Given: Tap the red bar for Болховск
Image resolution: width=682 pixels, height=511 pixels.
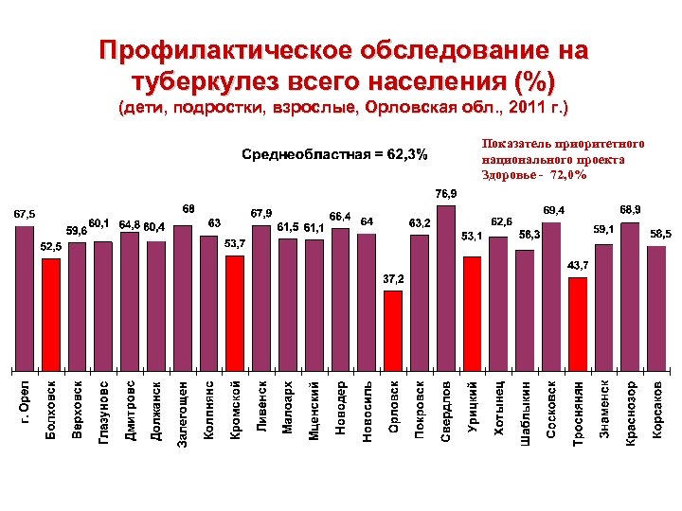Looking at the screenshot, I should (x=51, y=312).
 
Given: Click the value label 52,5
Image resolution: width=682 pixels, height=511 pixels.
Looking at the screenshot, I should (x=52, y=245).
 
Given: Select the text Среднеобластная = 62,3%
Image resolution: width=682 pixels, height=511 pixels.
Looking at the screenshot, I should (x=333, y=154).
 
